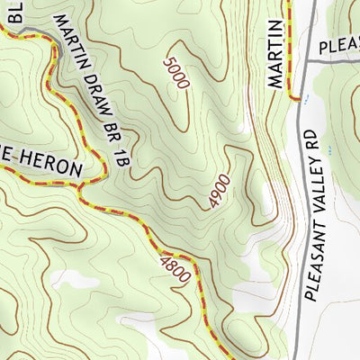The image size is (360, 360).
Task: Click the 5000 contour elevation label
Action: (176, 73)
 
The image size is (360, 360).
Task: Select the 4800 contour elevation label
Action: (175, 269)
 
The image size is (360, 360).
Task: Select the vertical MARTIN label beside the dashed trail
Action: (276, 55)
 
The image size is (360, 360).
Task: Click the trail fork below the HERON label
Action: (81, 189)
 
